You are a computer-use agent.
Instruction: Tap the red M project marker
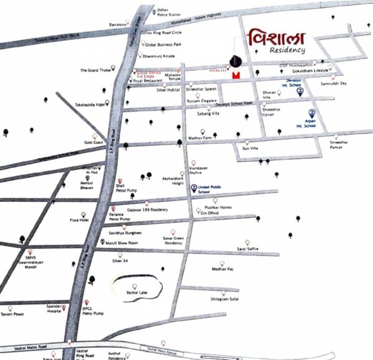pyautogui.click(x=235, y=75)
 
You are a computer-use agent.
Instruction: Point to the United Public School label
pyautogui.click(x=209, y=190)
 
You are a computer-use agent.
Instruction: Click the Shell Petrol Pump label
pyautogui.click(x=127, y=188)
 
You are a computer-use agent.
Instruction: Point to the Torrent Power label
pyautogui.click(x=13, y=314)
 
